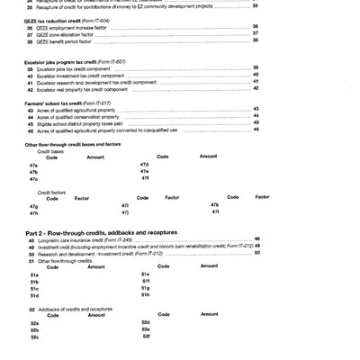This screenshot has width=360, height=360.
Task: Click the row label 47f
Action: click(144, 179)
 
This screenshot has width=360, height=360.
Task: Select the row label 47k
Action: click(214, 204)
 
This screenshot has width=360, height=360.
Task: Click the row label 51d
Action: click(33, 294)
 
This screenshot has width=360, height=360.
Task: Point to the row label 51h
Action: click(145, 294)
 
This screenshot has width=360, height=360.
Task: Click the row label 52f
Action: click(145, 337)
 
